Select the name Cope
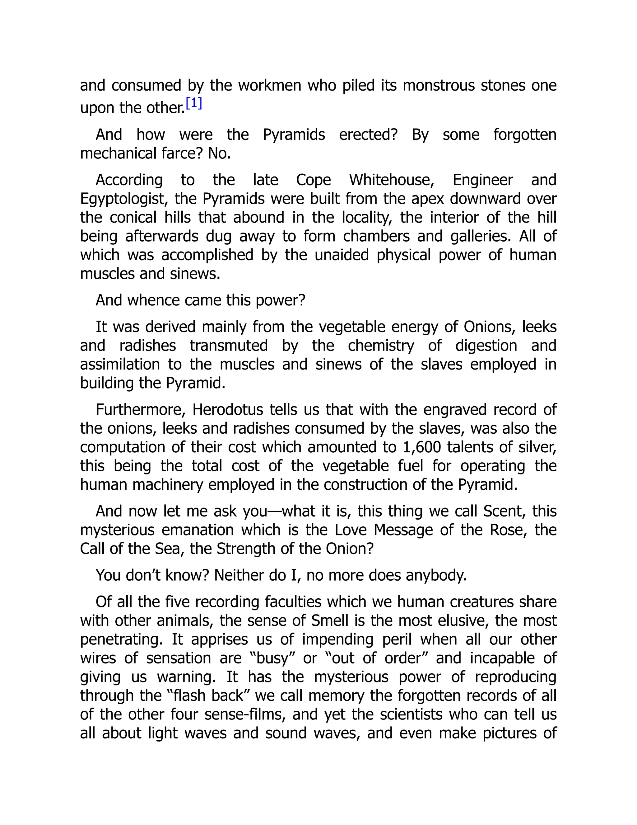coord(313,180)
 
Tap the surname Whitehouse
coord(392,180)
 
